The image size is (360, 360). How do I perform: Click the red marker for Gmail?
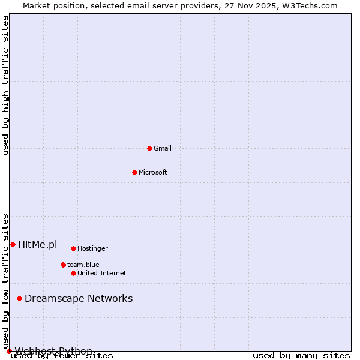pos(149,148)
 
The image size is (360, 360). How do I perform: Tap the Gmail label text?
pos(163,148)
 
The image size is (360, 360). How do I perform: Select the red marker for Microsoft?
pos(134,172)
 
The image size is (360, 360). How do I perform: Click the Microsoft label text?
pos(153,172)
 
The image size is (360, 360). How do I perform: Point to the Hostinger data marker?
pos(73,248)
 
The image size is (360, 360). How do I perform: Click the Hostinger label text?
pos(92,248)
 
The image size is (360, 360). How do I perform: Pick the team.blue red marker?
pos(63,265)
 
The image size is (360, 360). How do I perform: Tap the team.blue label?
pos(83,265)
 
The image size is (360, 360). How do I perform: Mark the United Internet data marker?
pos(73,273)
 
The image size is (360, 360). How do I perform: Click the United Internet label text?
pos(102,273)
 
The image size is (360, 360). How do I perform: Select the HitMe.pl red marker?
pos(13,244)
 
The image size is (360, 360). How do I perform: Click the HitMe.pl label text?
pos(38,244)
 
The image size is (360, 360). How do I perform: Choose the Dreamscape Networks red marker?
pos(19,298)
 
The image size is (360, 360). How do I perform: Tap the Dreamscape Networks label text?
pos(79,298)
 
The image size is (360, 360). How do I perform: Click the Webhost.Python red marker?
pos(9,351)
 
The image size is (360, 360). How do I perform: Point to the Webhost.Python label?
pos(54,351)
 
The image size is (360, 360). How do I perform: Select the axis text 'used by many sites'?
pos(301,355)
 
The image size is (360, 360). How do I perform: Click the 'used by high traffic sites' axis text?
pos(5,86)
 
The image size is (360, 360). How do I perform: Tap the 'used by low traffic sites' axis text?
pos(5,281)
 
